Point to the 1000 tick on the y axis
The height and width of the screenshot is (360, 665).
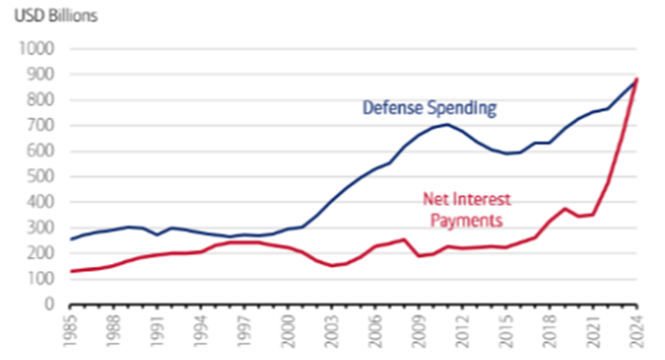36,48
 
